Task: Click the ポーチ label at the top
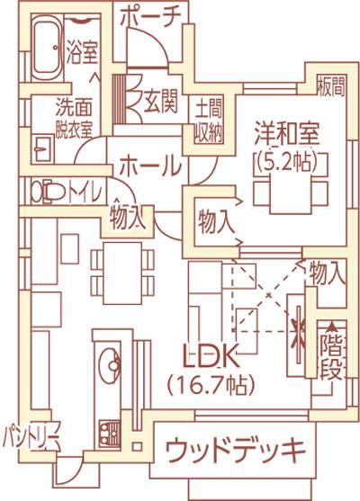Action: (150, 17)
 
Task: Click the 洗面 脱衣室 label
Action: (74, 117)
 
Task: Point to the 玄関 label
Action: (160, 102)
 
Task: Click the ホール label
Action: (150, 166)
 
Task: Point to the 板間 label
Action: (331, 87)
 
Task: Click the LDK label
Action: (211, 356)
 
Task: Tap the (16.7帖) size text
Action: (211, 385)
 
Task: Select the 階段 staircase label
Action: (332, 355)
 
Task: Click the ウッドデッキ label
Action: (235, 450)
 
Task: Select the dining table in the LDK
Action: (122, 273)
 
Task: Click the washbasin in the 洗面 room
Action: (43, 149)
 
